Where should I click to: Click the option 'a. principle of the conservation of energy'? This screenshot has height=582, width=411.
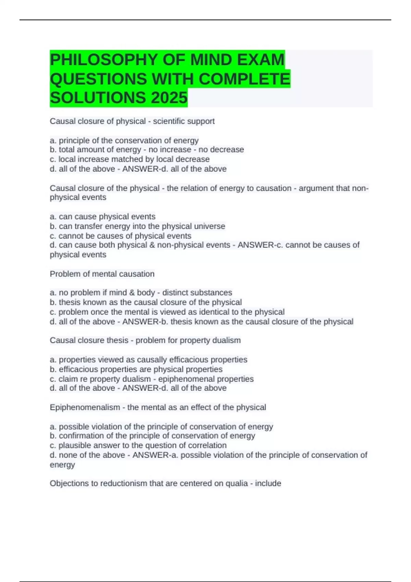click(124, 140)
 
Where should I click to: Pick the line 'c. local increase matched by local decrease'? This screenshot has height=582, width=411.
click(129, 159)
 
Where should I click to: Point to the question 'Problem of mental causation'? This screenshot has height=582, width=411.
click(102, 274)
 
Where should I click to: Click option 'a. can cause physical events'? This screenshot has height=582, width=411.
click(102, 216)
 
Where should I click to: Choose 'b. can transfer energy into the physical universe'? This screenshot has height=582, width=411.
click(137, 226)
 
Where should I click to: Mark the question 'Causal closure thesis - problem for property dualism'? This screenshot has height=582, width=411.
click(145, 340)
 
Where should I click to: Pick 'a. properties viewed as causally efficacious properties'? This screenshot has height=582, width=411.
click(148, 359)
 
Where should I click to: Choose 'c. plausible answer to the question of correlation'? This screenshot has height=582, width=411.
click(138, 445)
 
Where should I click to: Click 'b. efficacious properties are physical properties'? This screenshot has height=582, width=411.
click(136, 369)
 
